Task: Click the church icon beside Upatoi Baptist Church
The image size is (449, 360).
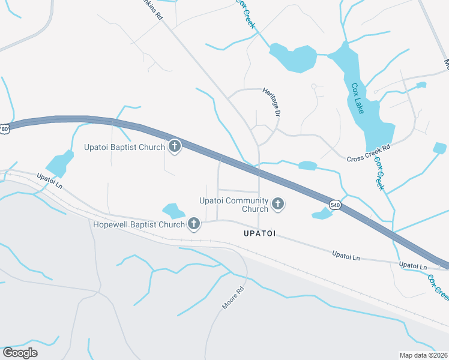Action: pos(175,146)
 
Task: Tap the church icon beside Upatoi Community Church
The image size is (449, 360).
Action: pos(277,205)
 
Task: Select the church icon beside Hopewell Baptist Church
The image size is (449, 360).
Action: pos(193,224)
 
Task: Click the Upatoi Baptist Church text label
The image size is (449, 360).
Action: pos(124,146)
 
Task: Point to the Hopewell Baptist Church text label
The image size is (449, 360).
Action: pos(139,224)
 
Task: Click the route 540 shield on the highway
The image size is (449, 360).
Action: pos(335,205)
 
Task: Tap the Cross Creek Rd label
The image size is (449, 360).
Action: pos(369,153)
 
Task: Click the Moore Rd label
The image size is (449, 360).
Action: pos(233,298)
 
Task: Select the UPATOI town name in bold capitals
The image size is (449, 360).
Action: pos(259,233)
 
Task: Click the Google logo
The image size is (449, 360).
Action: pos(20,352)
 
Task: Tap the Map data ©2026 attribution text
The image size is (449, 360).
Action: pos(423,355)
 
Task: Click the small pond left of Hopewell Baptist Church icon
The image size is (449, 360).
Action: pos(173,211)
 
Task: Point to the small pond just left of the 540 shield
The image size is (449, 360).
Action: pos(322,213)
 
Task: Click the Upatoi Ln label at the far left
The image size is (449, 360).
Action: pos(49,179)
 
